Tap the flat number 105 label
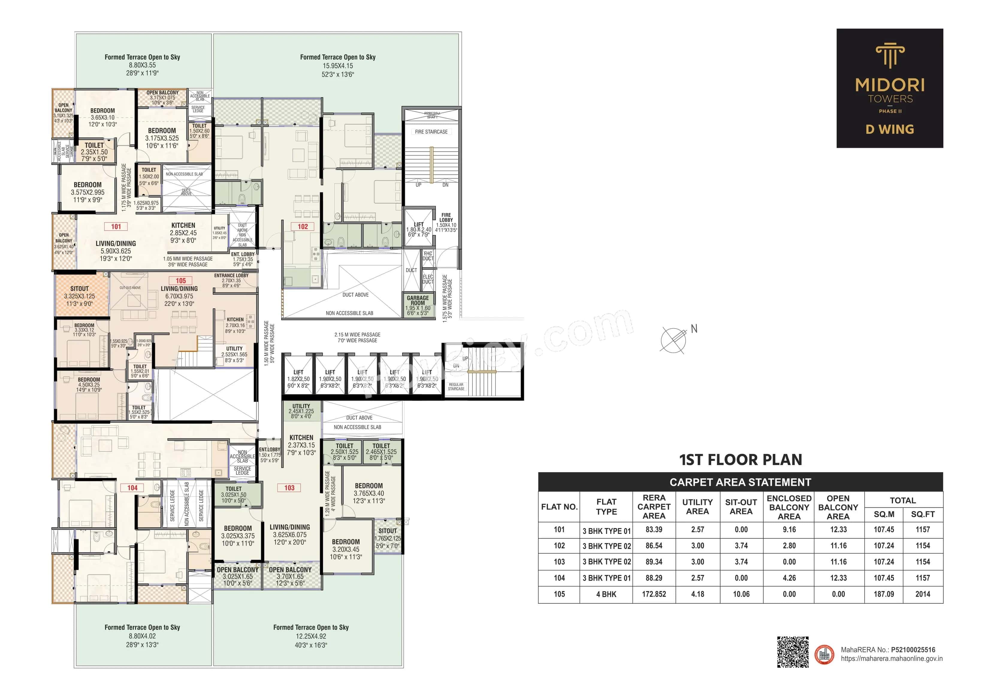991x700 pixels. tap(180, 280)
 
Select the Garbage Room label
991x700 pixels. tap(418, 300)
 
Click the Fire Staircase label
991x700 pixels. tap(431, 132)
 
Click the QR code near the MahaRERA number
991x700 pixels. tap(793, 652)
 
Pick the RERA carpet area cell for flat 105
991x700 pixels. tap(654, 594)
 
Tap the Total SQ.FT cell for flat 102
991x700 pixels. tap(922, 546)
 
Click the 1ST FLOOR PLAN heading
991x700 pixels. tap(740, 459)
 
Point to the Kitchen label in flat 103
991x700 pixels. tap(301, 437)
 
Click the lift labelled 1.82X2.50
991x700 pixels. tap(298, 379)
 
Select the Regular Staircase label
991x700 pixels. tap(456, 386)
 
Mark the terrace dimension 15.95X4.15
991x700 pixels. tap(338, 66)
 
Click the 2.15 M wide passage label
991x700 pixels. tap(357, 337)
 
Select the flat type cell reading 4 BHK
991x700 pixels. tap(606, 594)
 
